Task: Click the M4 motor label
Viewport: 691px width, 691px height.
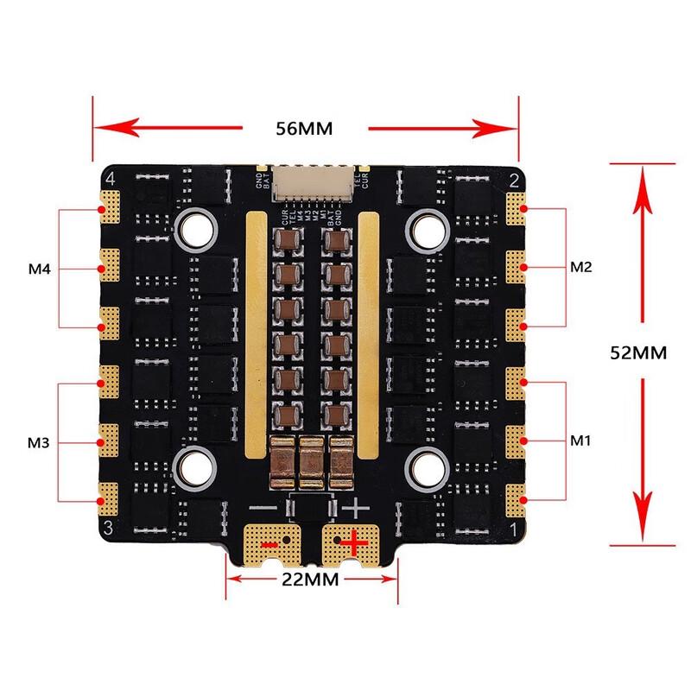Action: (x=40, y=269)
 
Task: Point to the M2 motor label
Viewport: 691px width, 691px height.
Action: (x=580, y=267)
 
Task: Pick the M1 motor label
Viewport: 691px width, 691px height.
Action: (x=580, y=441)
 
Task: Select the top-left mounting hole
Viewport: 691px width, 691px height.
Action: (x=197, y=230)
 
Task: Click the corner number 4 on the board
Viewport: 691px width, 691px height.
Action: (x=110, y=179)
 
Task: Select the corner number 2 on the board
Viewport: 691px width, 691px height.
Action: (x=514, y=180)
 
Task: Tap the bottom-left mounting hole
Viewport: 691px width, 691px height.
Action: (x=197, y=467)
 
